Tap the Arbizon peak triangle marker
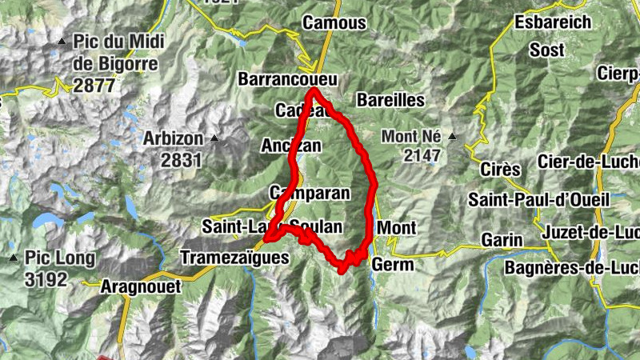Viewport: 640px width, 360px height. (214, 138)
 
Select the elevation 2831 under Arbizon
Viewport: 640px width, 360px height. (181, 159)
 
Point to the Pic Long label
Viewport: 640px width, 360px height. (59, 258)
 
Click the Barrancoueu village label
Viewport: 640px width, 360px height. (288, 79)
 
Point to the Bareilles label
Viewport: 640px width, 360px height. (390, 100)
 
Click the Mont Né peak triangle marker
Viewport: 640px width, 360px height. (453, 136)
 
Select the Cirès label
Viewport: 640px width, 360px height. (500, 170)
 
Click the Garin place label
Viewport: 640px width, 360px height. (502, 239)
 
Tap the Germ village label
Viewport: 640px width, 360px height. (393, 265)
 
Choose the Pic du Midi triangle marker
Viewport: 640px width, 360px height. (62, 41)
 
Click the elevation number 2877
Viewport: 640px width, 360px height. (94, 86)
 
